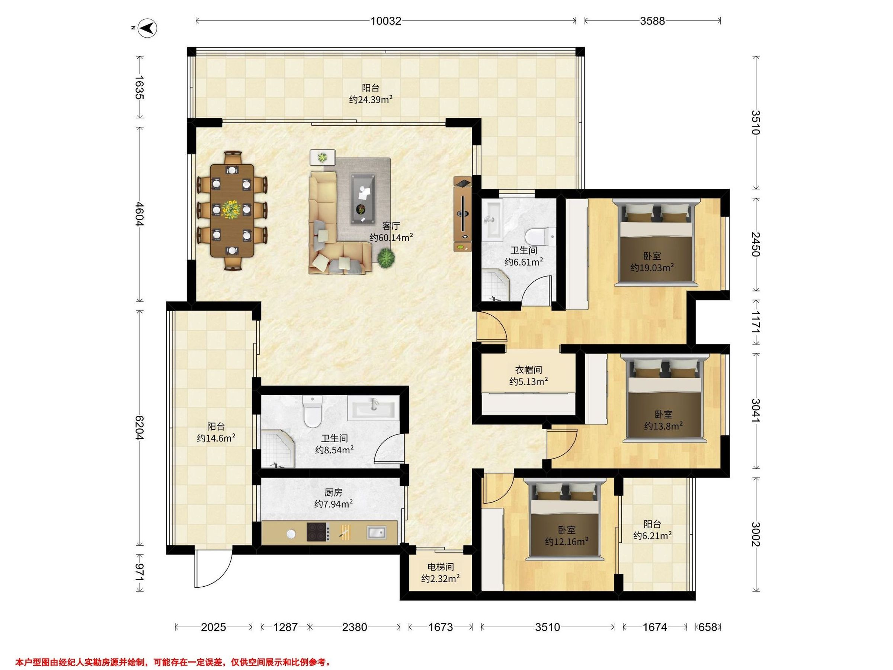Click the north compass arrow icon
pyautogui.click(x=148, y=28)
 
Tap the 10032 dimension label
pyautogui.click(x=386, y=21)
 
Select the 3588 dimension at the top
pyautogui.click(x=652, y=21)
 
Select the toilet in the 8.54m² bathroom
pyautogui.click(x=312, y=411)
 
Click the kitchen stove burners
pyautogui.click(x=317, y=532)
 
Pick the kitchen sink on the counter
pyautogui.click(x=376, y=533)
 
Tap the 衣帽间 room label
pyautogui.click(x=528, y=370)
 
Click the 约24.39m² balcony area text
pyautogui.click(x=371, y=99)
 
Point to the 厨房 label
pyautogui.click(x=333, y=492)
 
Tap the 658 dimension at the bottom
pyautogui.click(x=707, y=627)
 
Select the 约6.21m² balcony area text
pyautogui.click(x=652, y=536)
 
